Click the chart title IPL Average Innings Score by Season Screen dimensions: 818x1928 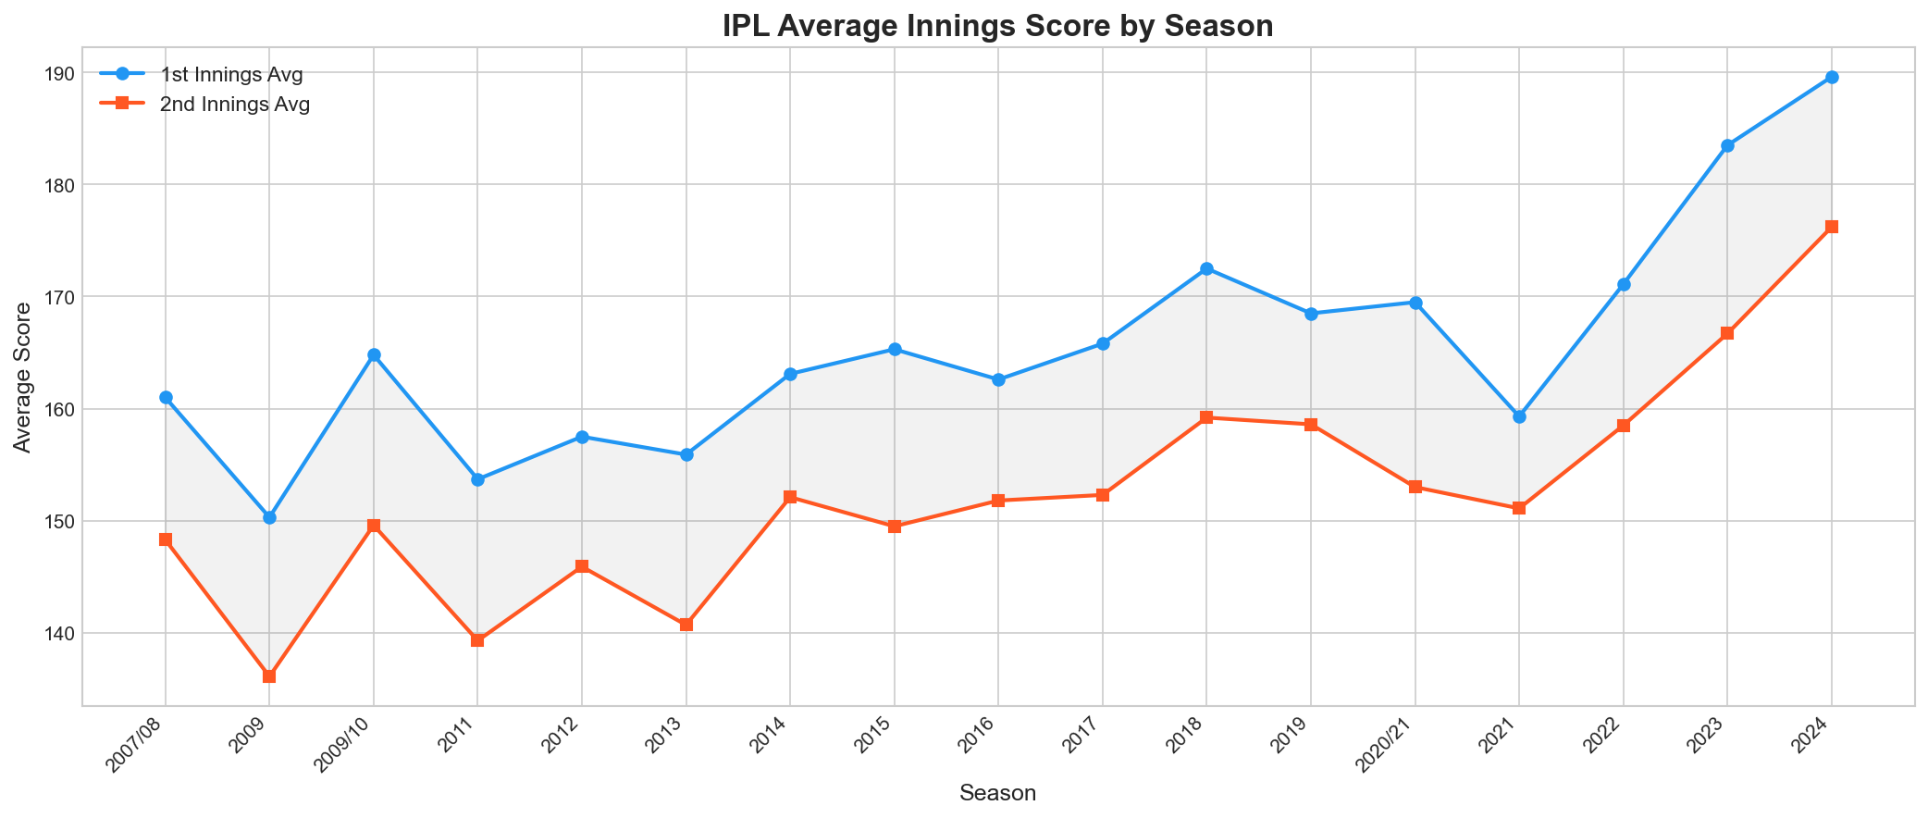tap(997, 26)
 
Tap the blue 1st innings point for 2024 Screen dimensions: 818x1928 tap(1831, 77)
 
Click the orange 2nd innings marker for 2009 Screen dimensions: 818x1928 tap(269, 676)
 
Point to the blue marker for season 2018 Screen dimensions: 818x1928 tap(1206, 268)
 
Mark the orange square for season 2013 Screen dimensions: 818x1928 tap(686, 625)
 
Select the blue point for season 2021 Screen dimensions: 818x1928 tap(1519, 416)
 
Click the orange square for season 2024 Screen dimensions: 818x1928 tap(1831, 227)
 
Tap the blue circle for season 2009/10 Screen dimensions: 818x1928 tap(374, 354)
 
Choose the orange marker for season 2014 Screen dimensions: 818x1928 tap(790, 497)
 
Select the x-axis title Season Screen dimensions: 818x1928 tap(997, 793)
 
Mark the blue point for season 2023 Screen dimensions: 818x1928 tap(1727, 145)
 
